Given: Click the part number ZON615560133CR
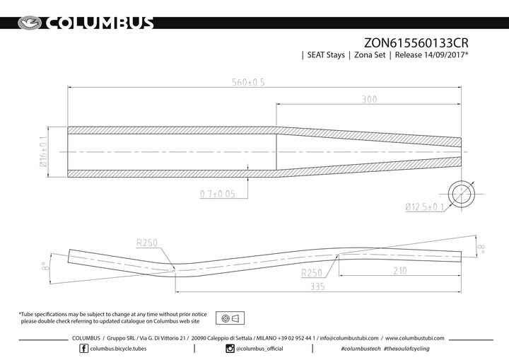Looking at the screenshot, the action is pos(416,43).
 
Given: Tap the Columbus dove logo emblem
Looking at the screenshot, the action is pos(30,23).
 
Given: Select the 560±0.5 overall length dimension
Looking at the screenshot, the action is pos(248,82).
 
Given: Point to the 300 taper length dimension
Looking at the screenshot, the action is pos(370,99).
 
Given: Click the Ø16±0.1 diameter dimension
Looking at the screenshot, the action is pos(44,152).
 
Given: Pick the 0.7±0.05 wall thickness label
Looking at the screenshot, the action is pos(218,194).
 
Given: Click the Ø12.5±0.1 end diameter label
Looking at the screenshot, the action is pos(425,207).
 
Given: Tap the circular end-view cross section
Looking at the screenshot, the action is pos(461,194).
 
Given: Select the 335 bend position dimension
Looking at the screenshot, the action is pos(317,286).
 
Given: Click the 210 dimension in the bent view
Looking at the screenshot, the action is pos(400,271).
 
